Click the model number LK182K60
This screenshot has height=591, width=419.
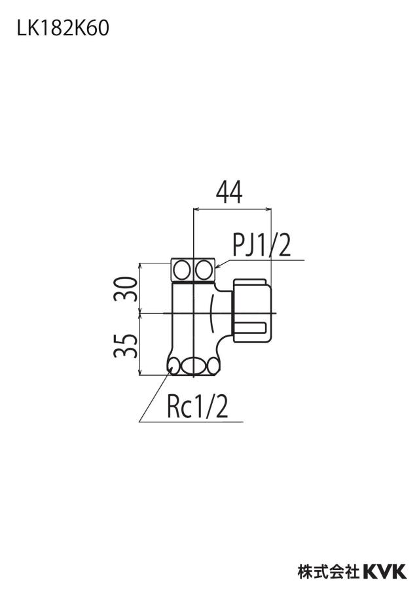click(x=63, y=28)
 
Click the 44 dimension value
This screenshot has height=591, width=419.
click(x=230, y=192)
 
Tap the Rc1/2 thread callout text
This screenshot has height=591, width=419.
click(x=198, y=407)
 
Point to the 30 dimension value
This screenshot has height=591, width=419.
click(x=125, y=288)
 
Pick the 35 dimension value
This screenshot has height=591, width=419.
click(x=125, y=345)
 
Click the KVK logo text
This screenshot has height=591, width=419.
click(x=385, y=571)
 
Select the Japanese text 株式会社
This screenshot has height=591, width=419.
click(x=329, y=571)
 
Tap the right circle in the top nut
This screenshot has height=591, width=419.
click(x=204, y=270)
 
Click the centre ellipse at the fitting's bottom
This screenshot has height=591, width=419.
click(x=194, y=365)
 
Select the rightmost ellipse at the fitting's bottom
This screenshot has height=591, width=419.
click(x=213, y=365)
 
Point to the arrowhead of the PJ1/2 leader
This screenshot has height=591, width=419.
click(x=218, y=267)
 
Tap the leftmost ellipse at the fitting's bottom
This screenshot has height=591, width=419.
click(x=174, y=365)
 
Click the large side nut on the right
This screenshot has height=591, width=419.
click(x=252, y=310)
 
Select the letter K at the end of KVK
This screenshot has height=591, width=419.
click(x=400, y=571)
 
